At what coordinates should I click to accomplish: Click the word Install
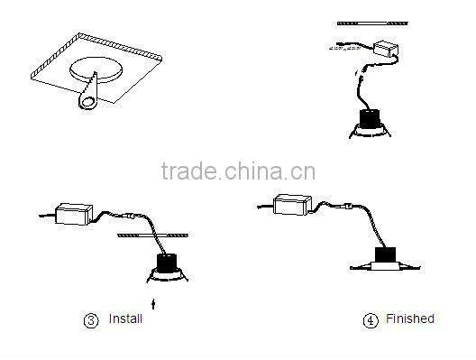coord(125,318)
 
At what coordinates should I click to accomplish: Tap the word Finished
coord(409,318)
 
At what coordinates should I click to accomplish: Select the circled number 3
coord(90,319)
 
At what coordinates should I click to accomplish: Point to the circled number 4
coord(370,319)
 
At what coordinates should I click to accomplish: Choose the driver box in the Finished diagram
coord(292,205)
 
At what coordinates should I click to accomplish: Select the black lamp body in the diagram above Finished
coord(370,117)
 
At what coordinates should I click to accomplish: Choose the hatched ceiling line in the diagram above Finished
coord(370,21)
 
